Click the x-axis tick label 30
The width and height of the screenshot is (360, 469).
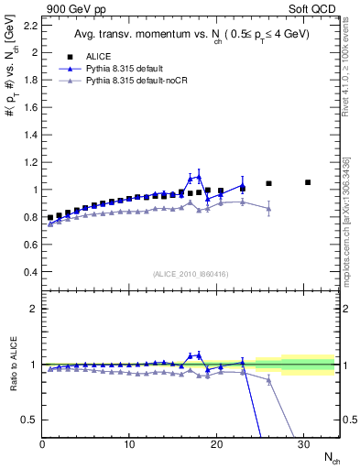point(302,444)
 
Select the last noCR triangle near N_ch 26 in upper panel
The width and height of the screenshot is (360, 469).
point(268,209)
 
